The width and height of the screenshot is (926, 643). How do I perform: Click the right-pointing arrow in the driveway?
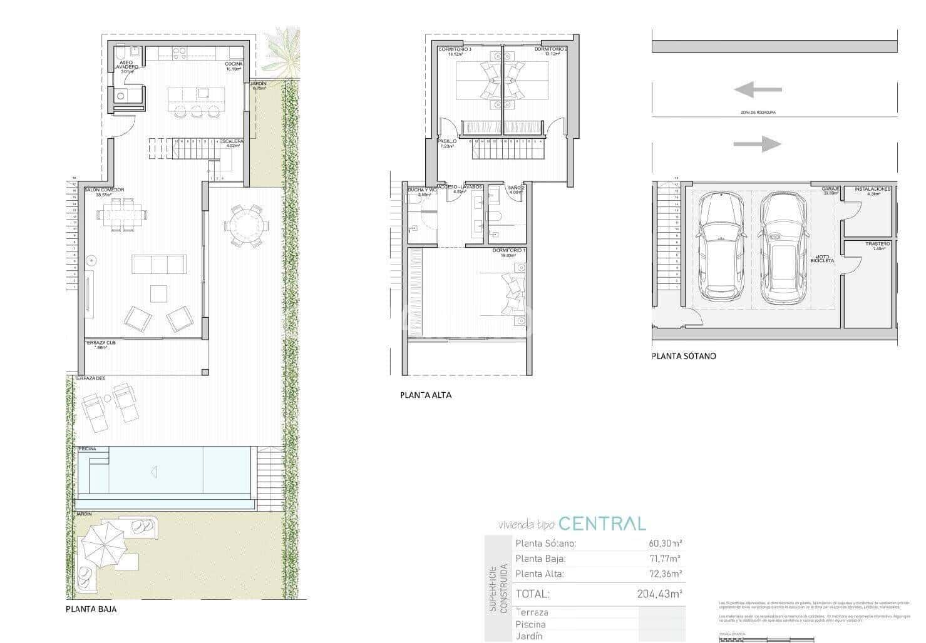point(757,144)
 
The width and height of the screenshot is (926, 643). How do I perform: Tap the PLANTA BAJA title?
point(91,609)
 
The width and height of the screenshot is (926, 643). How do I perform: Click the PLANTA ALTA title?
point(426,395)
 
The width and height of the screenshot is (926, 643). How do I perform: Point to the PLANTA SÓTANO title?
point(684,357)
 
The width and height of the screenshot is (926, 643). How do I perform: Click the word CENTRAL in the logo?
point(602,524)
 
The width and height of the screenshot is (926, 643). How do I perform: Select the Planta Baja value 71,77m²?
point(665,559)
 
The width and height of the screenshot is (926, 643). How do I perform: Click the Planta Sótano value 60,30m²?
point(665,544)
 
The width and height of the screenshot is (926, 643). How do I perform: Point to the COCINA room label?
point(234,64)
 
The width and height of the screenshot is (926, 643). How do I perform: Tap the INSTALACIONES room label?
point(872,189)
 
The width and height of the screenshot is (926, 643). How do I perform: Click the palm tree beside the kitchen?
point(282,54)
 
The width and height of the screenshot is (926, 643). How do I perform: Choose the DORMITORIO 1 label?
point(504,251)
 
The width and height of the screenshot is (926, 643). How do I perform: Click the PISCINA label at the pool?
point(88,449)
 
